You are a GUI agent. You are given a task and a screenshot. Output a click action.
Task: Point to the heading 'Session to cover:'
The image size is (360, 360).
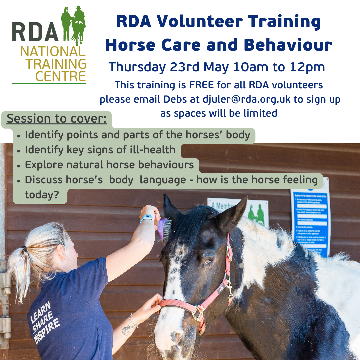[57, 119]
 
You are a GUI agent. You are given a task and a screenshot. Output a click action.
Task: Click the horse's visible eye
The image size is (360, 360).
[209, 261]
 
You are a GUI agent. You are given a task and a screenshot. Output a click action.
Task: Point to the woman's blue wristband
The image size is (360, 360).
[147, 218]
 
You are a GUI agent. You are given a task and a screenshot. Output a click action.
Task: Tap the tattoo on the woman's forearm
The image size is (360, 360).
[128, 330]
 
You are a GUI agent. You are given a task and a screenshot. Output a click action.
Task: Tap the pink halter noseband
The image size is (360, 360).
[177, 304]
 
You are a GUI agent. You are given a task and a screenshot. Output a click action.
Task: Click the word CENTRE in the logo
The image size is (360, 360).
[60, 76]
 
